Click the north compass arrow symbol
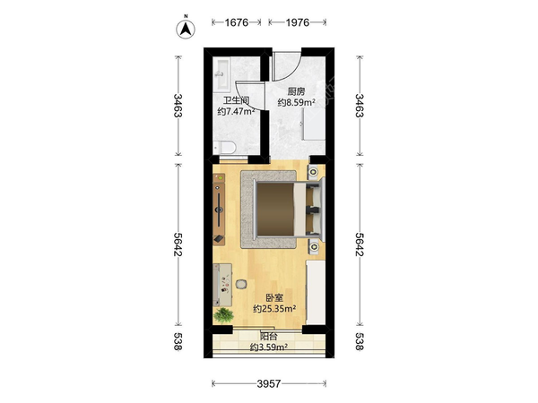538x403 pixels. [186, 29]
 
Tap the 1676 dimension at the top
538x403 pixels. [237, 22]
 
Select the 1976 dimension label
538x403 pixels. [298, 22]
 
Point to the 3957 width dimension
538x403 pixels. [269, 384]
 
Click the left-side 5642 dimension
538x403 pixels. [178, 244]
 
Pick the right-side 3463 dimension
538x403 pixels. [359, 106]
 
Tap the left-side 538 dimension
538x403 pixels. [178, 341]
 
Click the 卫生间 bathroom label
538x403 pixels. [236, 100]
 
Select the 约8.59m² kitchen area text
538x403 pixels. [296, 102]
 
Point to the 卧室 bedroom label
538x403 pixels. [274, 298]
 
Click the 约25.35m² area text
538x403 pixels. [274, 309]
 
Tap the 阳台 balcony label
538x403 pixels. [269, 337]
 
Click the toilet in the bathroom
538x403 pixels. [224, 148]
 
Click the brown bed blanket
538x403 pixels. [275, 210]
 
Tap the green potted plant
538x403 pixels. [223, 315]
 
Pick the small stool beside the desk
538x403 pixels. [241, 284]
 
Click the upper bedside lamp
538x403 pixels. [314, 171]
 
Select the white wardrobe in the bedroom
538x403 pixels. [316, 292]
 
